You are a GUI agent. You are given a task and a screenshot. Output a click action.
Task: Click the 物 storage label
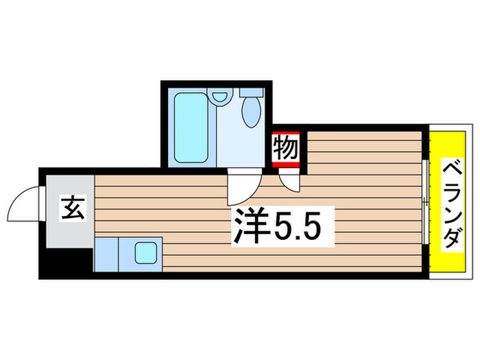pos(286,148)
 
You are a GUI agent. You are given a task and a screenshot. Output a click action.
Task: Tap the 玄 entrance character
pos(71,208)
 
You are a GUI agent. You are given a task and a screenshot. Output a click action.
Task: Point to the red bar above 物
pos(286,133)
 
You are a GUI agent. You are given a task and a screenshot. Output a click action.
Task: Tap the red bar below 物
pos(286,164)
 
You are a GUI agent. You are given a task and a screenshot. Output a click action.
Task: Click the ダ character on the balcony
pos(450,241)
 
